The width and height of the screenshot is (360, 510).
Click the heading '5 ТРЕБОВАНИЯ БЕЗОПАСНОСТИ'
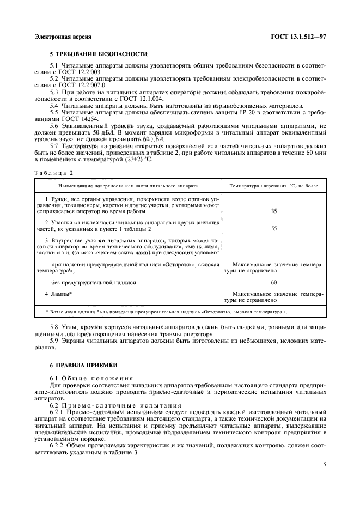point(98,54)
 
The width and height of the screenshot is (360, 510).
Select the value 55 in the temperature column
point(274,229)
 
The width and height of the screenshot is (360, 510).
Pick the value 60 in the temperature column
point(274,283)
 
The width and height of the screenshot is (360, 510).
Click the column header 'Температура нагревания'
point(274,186)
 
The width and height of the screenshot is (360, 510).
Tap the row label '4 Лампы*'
point(58,294)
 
